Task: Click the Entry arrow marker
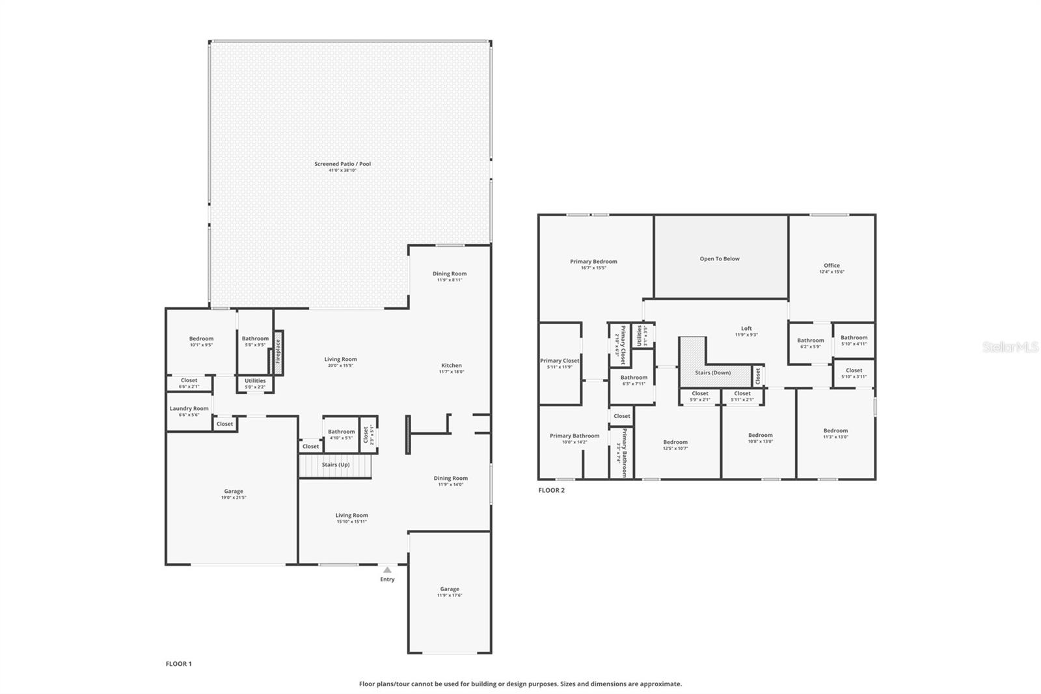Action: click(387, 570)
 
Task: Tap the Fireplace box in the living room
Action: click(278, 355)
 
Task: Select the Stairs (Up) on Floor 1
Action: click(335, 465)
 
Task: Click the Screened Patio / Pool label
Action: click(342, 164)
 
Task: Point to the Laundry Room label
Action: click(189, 409)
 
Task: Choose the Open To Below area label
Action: click(720, 258)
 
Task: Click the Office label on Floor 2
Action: click(831, 266)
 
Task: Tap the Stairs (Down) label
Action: click(712, 373)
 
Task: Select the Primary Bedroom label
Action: click(593, 262)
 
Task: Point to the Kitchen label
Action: click(451, 366)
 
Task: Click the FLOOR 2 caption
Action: click(551, 490)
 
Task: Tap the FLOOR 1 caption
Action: click(178, 664)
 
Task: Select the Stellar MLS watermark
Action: click(1010, 348)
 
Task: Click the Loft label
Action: click(746, 329)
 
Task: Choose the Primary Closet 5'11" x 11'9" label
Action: click(559, 361)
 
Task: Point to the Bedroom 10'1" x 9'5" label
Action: click(201, 339)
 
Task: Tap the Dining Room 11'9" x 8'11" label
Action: click(450, 274)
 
